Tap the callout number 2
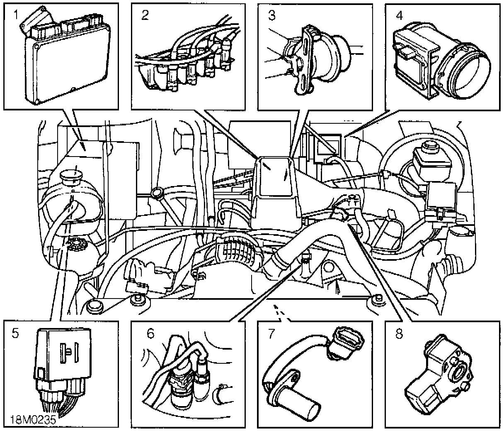145,15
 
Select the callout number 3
272,16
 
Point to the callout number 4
399,16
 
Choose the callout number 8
399,333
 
